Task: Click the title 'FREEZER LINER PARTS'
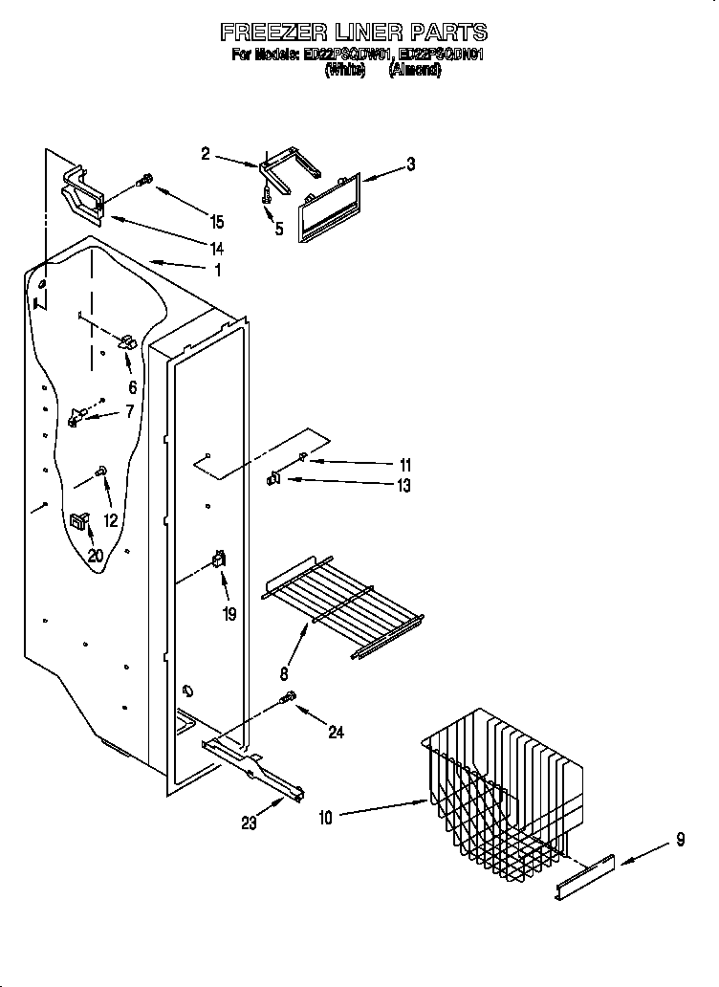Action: click(x=354, y=33)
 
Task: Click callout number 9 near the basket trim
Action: click(x=680, y=841)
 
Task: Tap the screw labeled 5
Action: click(x=266, y=193)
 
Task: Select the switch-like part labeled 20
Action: click(x=79, y=520)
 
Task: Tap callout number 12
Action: click(x=112, y=520)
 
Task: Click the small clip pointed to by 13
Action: click(x=272, y=478)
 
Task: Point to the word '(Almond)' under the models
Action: click(x=414, y=71)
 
